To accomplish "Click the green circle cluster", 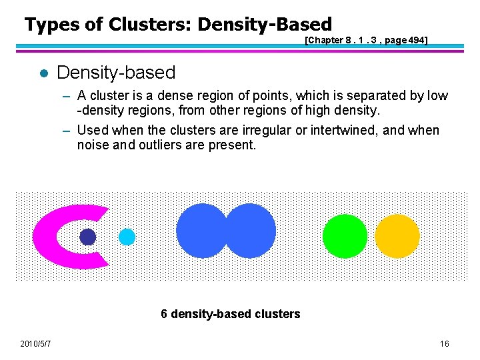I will pos(345,237).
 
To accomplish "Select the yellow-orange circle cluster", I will pos(397,237).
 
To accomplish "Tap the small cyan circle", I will pos(127,237).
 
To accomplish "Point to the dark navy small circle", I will pos(88,237).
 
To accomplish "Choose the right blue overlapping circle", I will pos(253,231).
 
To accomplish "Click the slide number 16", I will pos(445,344).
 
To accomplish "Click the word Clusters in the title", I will pos(148,25).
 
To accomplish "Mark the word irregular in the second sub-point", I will pos(267,130).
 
